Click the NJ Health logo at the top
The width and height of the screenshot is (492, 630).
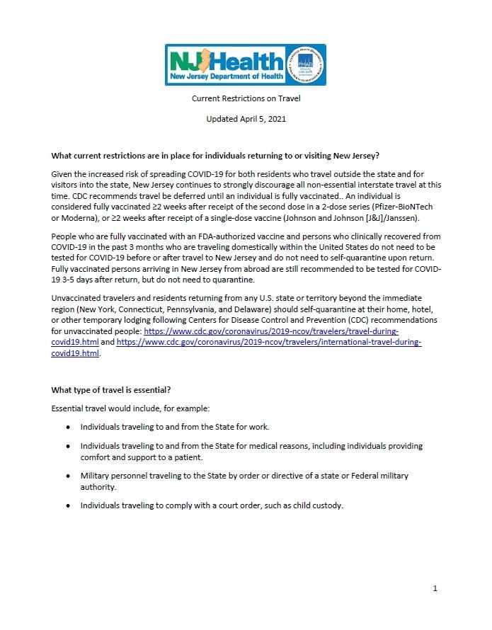225,65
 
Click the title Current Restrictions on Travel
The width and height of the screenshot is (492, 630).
246,99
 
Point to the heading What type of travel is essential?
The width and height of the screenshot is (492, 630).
111,390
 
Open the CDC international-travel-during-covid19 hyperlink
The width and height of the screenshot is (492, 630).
269,342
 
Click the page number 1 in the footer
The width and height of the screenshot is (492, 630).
435,588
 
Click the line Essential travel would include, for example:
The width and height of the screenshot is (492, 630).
132,409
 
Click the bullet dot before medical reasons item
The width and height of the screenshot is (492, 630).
68,447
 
